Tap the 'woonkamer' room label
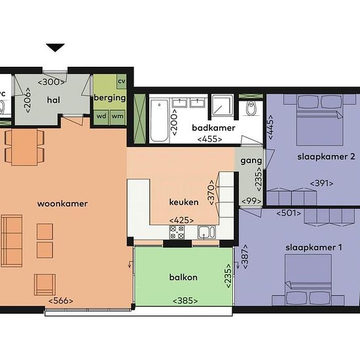coord(63,204)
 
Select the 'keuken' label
coord(183,202)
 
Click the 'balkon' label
coord(183,277)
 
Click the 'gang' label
coord(251,160)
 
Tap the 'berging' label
coord(109,98)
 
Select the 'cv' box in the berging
coord(121,81)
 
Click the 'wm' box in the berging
coord(118,116)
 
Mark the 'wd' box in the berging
coord(101,116)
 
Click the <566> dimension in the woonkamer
coord(60,301)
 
